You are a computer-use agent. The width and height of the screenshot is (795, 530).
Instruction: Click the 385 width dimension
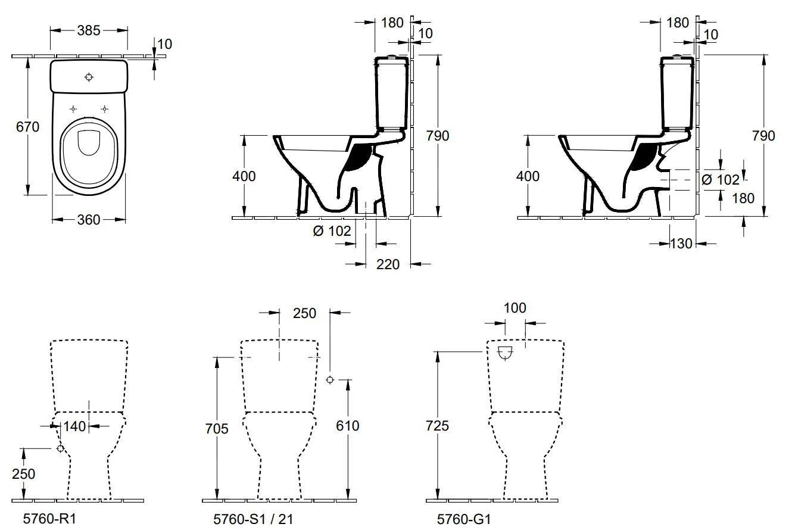point(89,30)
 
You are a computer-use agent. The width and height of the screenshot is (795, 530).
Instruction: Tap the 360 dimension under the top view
point(89,220)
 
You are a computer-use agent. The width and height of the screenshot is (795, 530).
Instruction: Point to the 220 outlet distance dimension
point(388,264)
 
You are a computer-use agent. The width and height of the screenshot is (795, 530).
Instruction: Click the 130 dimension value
point(681,243)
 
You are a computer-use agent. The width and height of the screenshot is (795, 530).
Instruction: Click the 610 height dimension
point(348,426)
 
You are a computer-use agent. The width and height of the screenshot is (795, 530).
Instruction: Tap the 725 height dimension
point(438,426)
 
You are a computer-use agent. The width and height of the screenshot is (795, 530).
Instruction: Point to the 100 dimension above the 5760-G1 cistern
point(515,308)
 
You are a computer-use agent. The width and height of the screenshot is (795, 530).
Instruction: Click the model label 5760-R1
point(49,519)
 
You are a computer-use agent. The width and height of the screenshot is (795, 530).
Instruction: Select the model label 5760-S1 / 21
point(253,519)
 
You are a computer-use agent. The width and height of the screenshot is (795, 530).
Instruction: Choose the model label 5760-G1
point(464,519)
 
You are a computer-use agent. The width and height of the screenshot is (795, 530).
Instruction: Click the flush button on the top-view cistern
point(89,77)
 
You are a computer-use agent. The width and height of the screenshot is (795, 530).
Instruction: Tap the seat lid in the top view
point(89,141)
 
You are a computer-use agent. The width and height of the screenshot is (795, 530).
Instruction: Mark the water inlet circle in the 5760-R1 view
point(60,448)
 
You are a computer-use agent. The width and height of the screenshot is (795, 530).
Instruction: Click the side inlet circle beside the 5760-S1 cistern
point(331,380)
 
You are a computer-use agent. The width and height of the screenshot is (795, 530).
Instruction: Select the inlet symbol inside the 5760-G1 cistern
point(505,353)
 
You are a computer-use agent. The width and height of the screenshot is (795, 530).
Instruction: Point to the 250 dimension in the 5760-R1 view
point(23,474)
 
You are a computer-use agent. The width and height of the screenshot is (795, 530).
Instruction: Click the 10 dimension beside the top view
point(165,43)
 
